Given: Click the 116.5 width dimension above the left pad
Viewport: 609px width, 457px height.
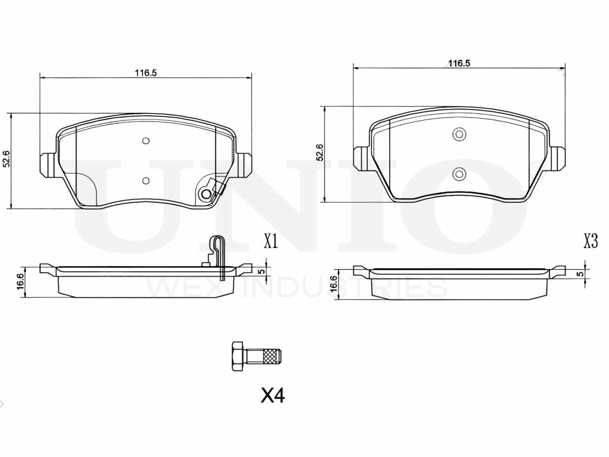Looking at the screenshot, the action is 146,73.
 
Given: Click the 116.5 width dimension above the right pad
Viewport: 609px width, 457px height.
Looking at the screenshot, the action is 459,63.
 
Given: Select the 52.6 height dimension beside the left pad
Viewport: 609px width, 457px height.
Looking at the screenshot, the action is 6,159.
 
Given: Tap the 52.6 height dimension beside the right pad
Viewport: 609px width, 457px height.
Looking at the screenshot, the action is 320,153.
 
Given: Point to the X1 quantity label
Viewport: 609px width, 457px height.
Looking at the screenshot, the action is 271,241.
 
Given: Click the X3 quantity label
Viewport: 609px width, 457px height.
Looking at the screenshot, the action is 590,241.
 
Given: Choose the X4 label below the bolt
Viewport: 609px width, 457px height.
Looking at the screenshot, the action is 273,396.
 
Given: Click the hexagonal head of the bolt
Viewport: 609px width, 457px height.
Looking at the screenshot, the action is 237,356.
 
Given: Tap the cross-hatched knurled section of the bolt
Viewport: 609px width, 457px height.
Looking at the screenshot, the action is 271,356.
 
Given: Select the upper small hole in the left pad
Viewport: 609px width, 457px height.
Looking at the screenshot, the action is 146,141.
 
